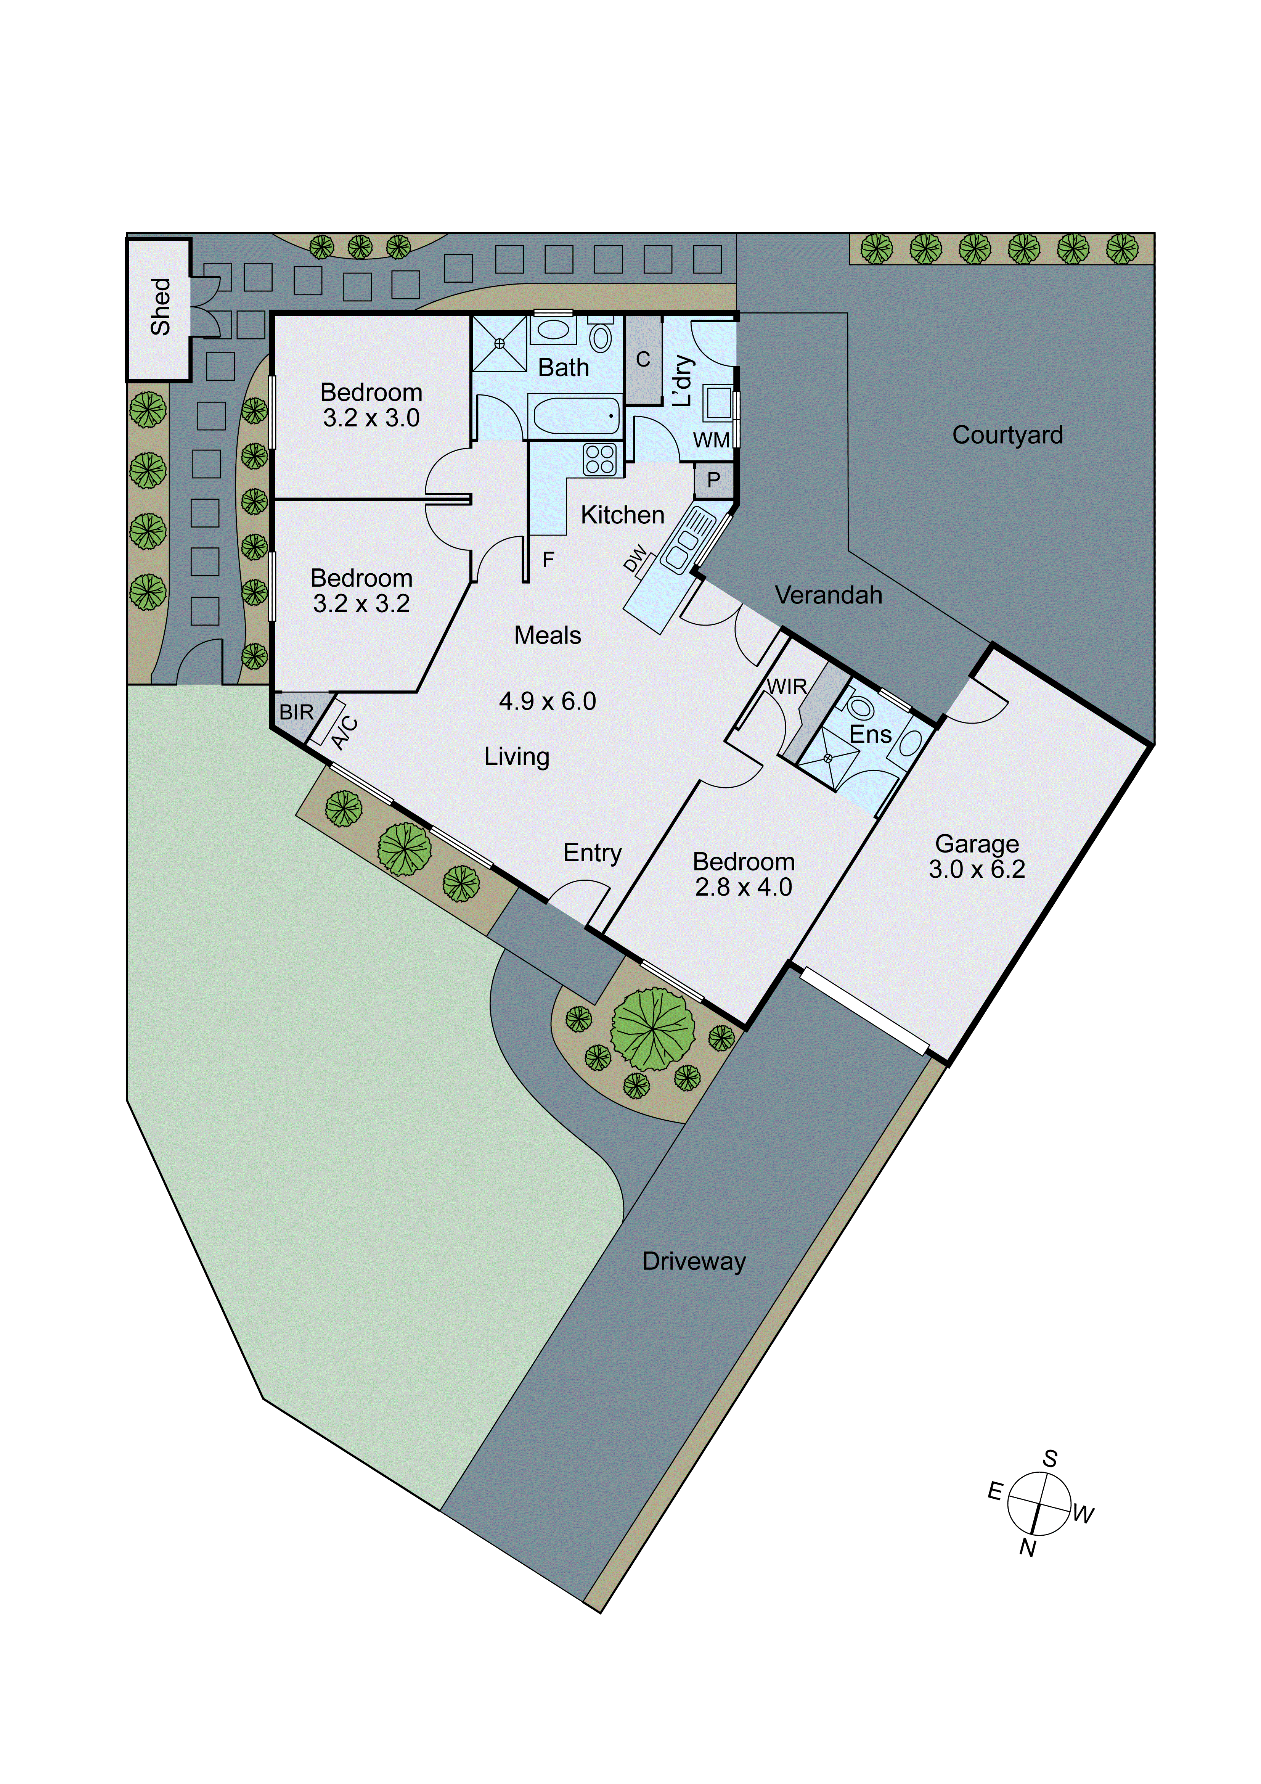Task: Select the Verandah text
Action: [828, 595]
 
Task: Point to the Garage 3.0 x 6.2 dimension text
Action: [977, 869]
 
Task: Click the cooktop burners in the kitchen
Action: [600, 458]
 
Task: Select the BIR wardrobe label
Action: [296, 712]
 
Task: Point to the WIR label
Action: [787, 686]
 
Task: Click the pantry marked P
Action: [713, 480]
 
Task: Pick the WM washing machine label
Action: [711, 440]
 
